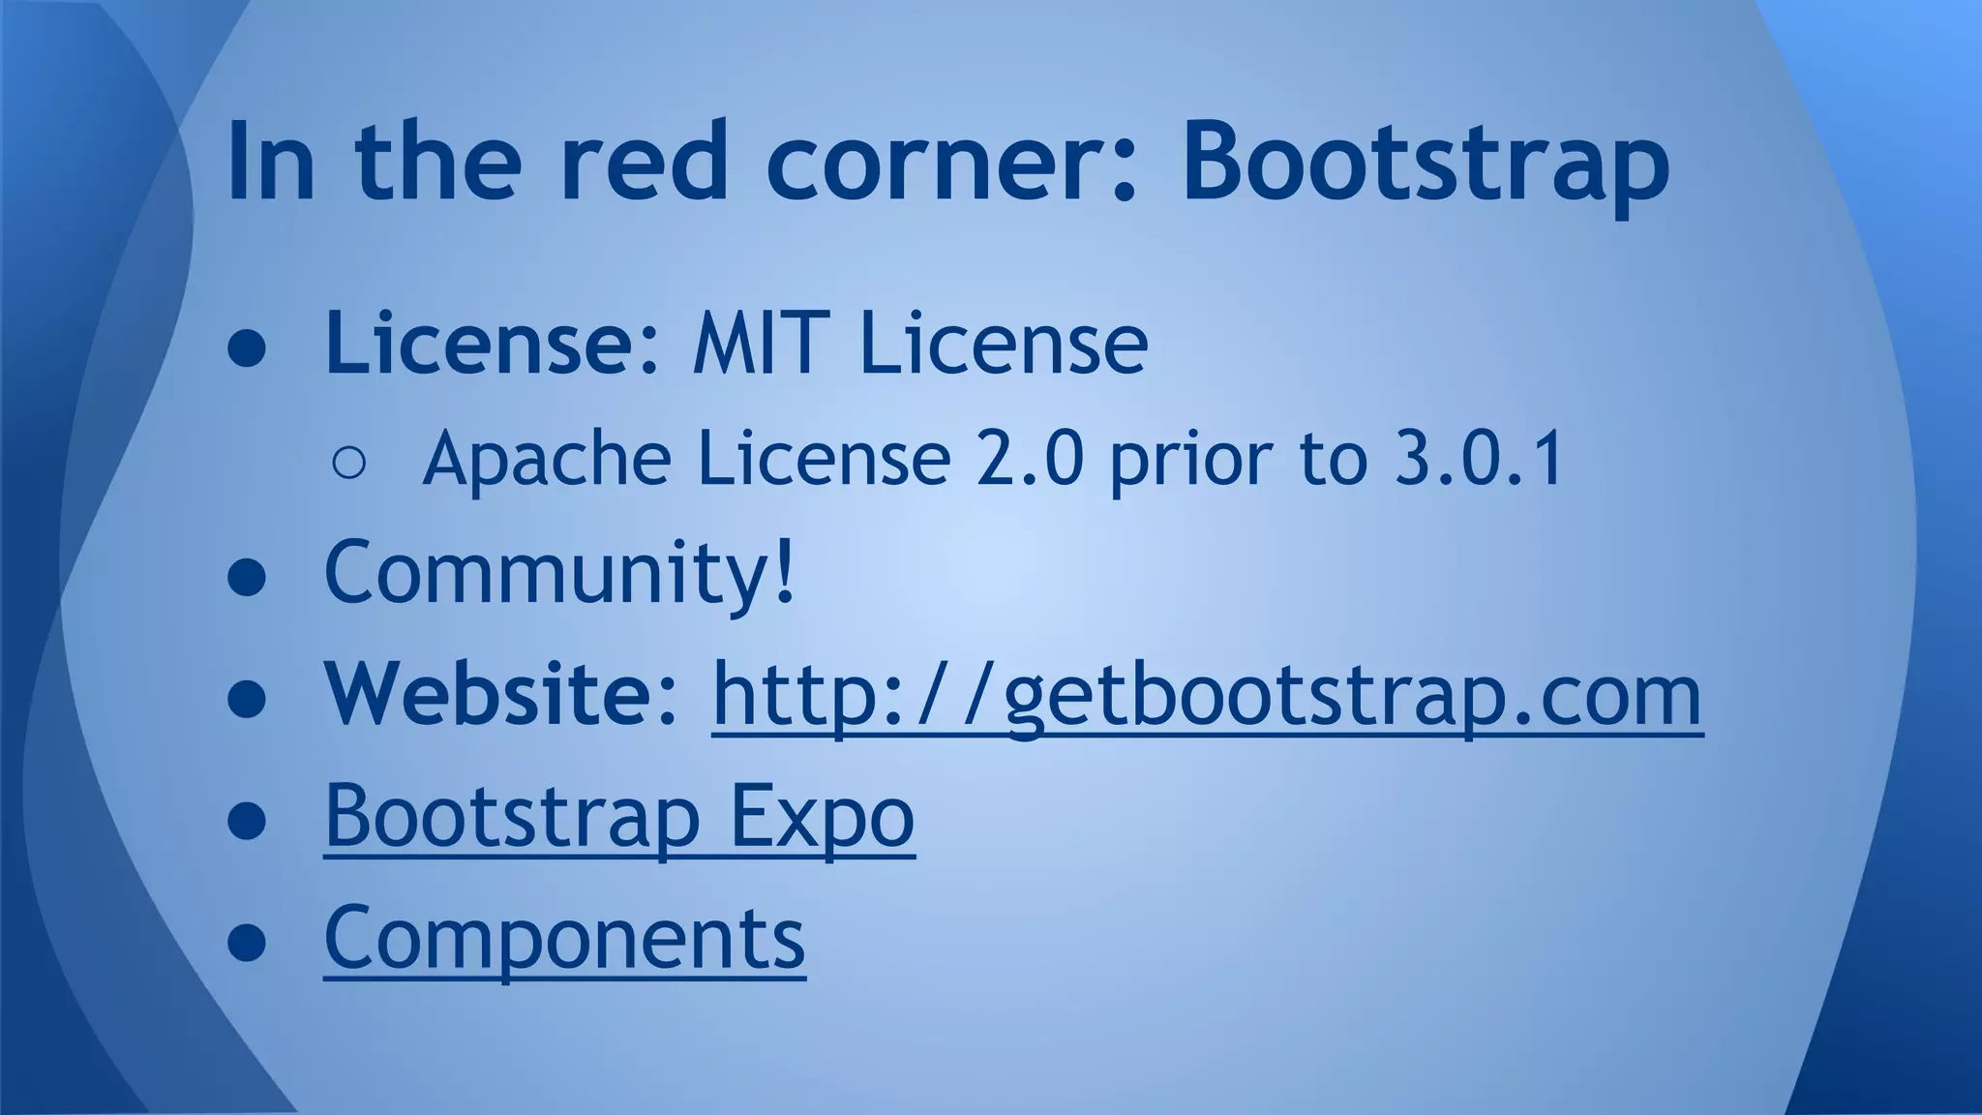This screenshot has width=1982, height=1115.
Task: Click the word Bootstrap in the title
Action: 1425,163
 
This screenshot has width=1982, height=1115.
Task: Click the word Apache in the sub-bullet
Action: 547,459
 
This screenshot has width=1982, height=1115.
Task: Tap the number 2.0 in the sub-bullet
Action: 1030,459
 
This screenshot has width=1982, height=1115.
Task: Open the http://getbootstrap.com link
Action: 1207,695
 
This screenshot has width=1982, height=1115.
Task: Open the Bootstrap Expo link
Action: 619,816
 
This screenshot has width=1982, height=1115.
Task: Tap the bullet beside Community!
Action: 247,578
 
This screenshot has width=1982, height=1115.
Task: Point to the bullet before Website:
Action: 247,699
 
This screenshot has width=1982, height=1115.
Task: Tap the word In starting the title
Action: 271,163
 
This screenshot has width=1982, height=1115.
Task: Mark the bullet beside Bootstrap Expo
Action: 247,821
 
